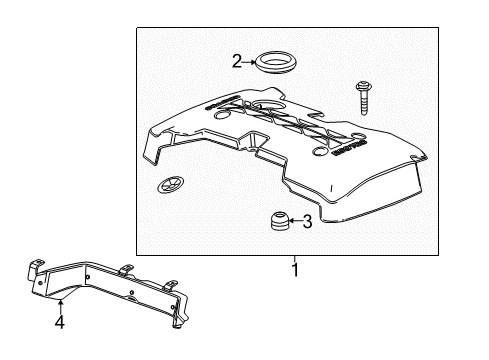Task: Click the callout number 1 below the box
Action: (x=295, y=270)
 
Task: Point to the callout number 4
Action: (x=59, y=322)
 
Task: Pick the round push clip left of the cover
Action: (x=167, y=186)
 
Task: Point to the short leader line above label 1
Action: (x=295, y=256)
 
